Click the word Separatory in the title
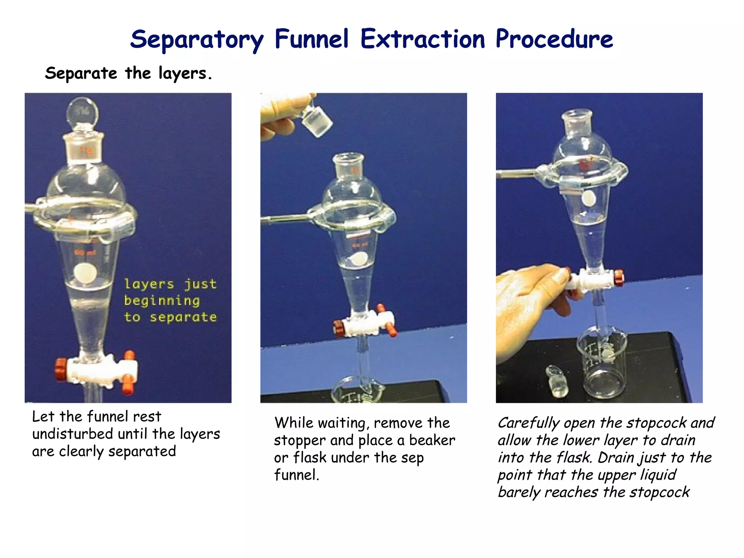(197, 40)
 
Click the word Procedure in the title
(554, 39)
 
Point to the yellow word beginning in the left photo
(162, 301)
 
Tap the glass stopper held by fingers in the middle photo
(317, 122)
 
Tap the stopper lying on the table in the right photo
(557, 381)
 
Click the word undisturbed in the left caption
(72, 434)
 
